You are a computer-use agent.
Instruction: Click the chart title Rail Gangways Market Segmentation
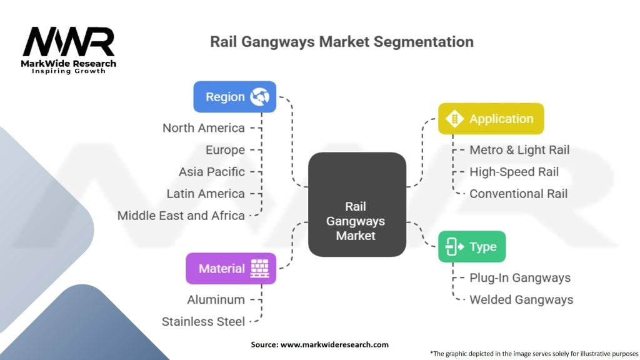[342, 42]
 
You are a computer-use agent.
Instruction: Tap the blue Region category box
[234, 97]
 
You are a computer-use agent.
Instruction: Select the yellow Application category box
[491, 119]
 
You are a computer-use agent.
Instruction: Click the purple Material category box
[231, 269]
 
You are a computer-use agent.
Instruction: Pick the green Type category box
[471, 247]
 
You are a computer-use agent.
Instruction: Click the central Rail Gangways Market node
[356, 204]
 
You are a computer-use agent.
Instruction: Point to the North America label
[203, 128]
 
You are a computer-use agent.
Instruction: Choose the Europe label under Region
[225, 150]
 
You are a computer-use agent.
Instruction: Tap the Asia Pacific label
[211, 172]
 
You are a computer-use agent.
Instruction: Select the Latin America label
[205, 194]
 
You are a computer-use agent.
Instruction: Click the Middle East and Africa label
[181, 216]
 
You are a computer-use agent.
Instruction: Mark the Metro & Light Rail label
[519, 150]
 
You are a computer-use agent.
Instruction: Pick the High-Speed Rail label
[514, 172]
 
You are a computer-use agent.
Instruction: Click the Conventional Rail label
[518, 194]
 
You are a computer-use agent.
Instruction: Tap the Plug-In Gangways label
[520, 278]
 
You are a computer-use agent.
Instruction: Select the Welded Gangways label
[521, 300]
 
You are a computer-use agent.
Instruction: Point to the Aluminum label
[216, 300]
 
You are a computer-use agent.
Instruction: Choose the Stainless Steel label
[203, 322]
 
